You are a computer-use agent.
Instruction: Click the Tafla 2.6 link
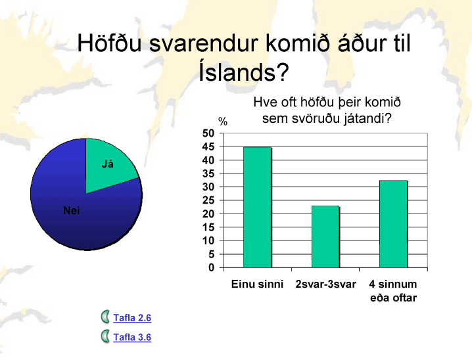pyautogui.click(x=132, y=318)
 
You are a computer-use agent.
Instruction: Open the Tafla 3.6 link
pyautogui.click(x=132, y=337)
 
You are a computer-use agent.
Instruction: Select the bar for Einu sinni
pyautogui.click(x=258, y=207)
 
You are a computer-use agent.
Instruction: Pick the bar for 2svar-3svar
pyautogui.click(x=325, y=236)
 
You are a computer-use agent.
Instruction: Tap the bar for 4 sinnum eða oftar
pyautogui.click(x=393, y=224)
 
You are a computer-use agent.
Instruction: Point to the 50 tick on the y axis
pyautogui.click(x=208, y=133)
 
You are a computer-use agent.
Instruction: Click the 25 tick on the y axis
pyautogui.click(x=208, y=200)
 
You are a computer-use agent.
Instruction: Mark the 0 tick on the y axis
pyautogui.click(x=211, y=267)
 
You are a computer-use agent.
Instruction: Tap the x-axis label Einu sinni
pyautogui.click(x=258, y=284)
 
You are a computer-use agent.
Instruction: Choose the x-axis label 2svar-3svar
pyautogui.click(x=325, y=284)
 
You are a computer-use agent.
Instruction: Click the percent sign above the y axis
pyautogui.click(x=223, y=122)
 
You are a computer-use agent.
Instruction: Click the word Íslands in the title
pyautogui.click(x=244, y=72)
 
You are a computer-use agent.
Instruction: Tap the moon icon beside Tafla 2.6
pyautogui.click(x=105, y=317)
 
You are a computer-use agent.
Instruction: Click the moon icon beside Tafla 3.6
pyautogui.click(x=105, y=336)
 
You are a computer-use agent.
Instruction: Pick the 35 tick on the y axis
pyautogui.click(x=208, y=173)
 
